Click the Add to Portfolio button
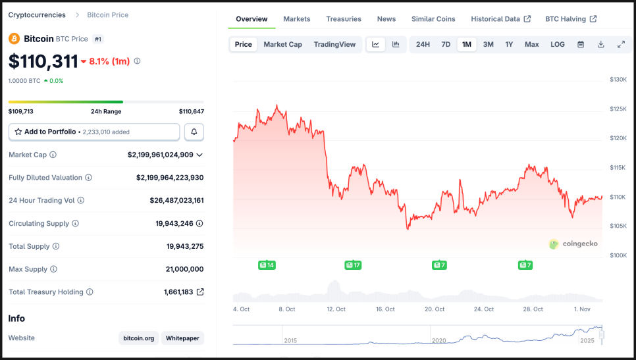(93, 132)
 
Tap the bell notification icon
(194, 132)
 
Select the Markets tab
(296, 19)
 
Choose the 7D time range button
(446, 44)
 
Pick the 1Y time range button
(509, 44)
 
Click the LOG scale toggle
(557, 44)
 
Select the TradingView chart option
(334, 44)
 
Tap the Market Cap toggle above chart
(282, 44)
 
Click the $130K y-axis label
(618, 80)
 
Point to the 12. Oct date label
(336, 309)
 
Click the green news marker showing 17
(353, 265)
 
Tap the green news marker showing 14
(267, 265)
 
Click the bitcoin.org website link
(138, 338)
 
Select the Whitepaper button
(182, 338)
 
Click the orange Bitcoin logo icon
(14, 39)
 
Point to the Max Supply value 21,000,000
(184, 269)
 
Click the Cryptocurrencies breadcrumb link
(37, 14)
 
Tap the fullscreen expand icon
(621, 44)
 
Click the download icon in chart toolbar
(600, 44)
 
